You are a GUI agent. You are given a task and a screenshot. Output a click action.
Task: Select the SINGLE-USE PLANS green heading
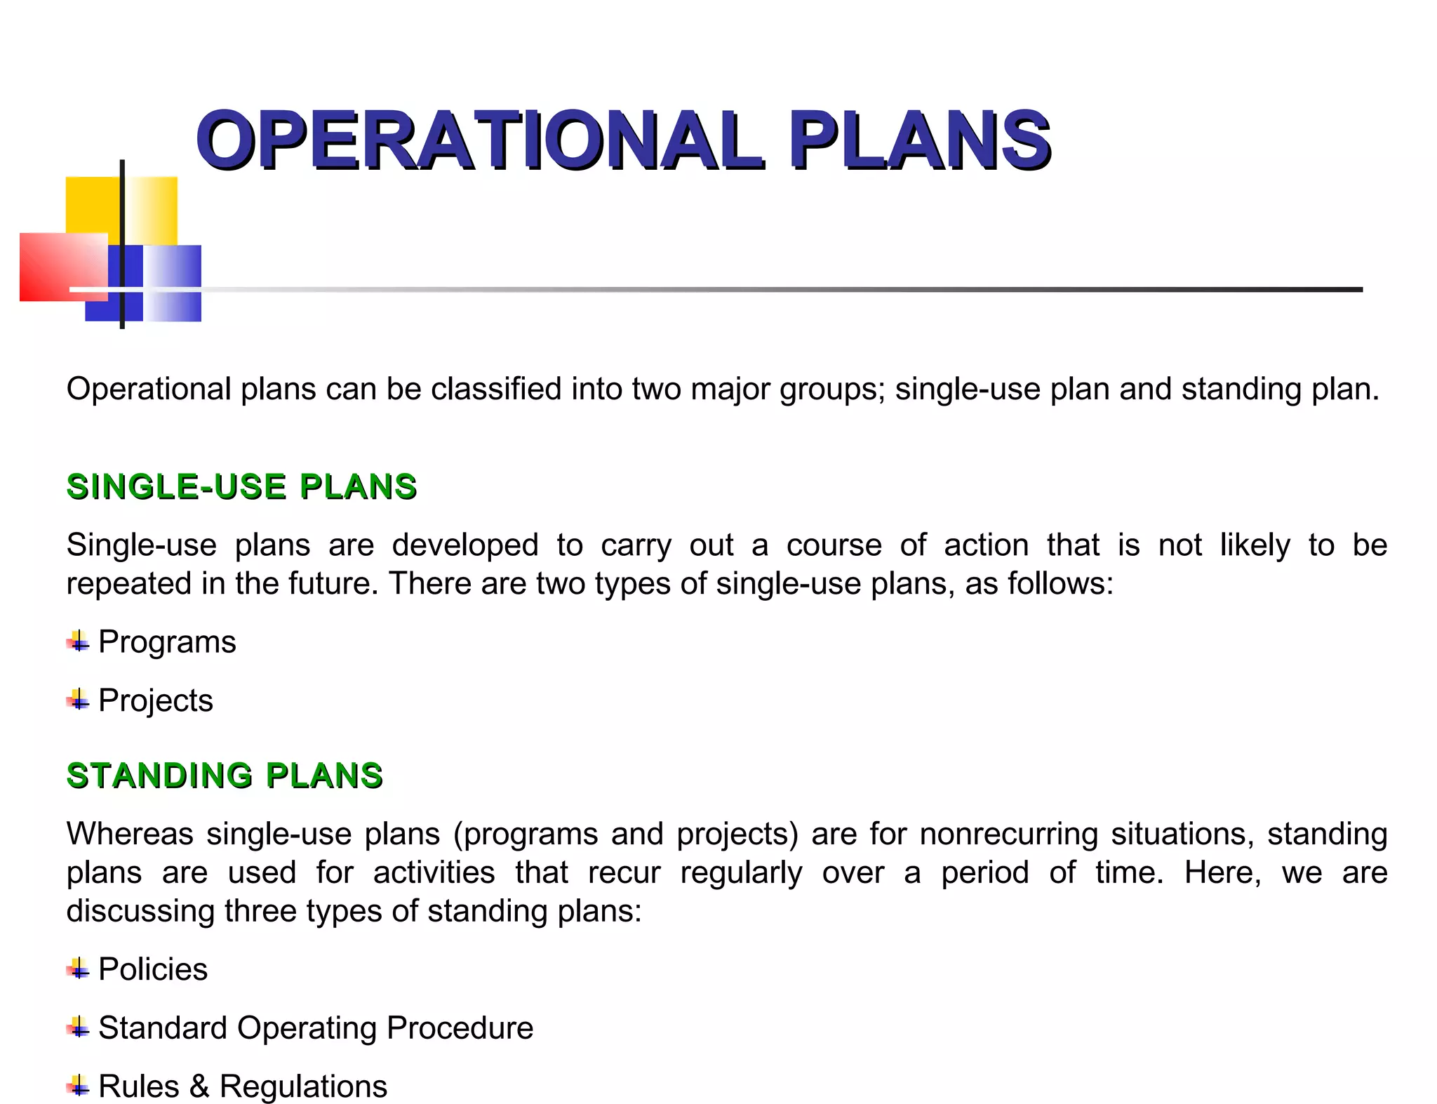241,486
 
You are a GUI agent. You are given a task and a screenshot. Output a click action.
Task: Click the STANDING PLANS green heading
225,776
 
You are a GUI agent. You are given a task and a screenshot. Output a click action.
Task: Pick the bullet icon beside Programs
78,641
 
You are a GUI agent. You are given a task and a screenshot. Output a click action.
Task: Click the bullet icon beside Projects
78,699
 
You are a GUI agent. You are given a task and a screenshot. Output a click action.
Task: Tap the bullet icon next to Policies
78,969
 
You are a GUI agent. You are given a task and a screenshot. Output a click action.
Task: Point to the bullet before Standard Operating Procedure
78,1028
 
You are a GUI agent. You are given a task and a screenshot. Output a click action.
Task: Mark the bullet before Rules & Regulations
78,1086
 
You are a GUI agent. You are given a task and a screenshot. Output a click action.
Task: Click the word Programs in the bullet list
167,642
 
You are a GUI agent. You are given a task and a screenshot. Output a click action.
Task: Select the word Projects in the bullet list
156,700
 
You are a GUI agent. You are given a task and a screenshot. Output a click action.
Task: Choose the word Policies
153,969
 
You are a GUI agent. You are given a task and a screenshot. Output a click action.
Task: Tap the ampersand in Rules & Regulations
199,1086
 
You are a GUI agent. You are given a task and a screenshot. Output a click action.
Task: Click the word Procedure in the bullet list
460,1028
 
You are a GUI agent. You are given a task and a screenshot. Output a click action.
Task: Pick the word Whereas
130,834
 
